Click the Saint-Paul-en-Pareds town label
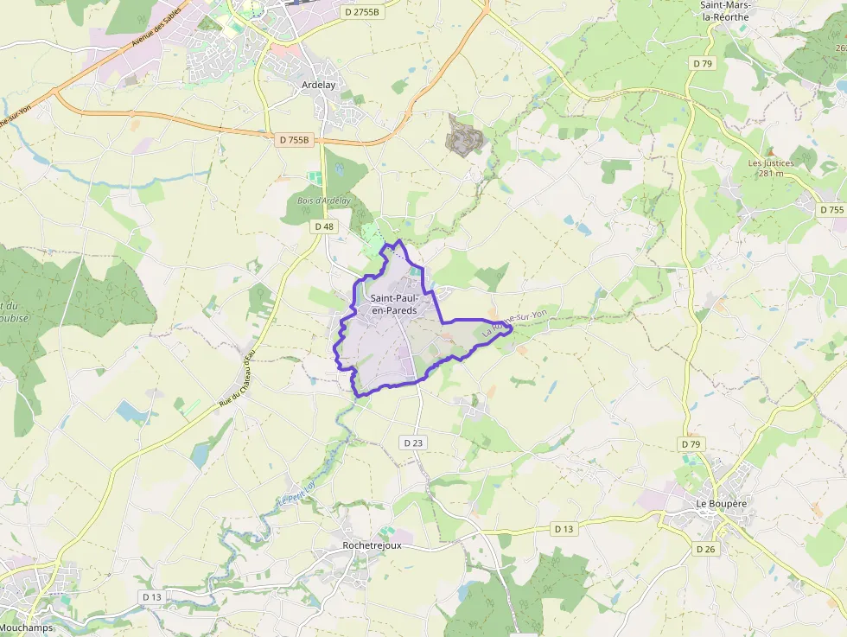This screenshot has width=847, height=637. click(393, 304)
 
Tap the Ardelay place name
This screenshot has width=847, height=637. click(319, 85)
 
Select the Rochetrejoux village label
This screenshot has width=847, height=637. click(372, 545)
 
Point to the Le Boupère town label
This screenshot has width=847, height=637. click(721, 502)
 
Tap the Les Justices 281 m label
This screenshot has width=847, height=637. click(771, 168)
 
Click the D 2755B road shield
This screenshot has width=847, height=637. click(361, 12)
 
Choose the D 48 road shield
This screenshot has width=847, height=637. click(323, 226)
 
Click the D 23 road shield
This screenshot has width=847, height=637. click(413, 443)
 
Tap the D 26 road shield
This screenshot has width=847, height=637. click(705, 549)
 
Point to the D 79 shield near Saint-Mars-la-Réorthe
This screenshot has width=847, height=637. click(702, 63)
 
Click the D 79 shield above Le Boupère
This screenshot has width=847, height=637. click(690, 444)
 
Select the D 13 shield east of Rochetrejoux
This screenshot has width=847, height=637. click(564, 528)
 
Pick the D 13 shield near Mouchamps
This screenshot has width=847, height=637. click(152, 597)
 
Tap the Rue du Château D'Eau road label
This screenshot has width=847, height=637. click(238, 385)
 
